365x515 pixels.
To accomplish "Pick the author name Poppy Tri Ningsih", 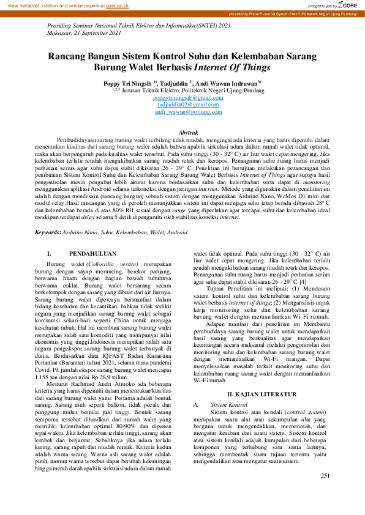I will tap(129, 82).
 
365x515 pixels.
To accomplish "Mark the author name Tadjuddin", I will tap(173, 82).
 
